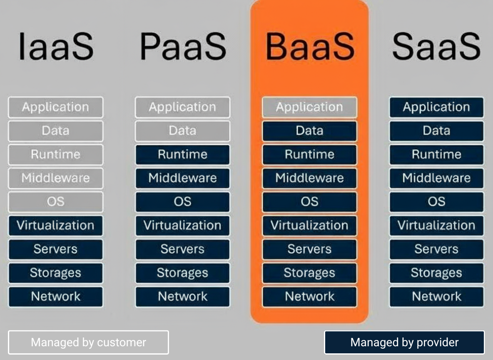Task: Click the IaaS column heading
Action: coord(56,47)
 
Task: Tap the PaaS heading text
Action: coord(182,47)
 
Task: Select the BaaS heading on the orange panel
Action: coord(309,47)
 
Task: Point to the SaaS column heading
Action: coord(436,47)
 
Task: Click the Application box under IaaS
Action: coord(55,107)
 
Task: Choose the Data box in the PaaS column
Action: coord(182,131)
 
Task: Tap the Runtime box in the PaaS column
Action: coord(182,155)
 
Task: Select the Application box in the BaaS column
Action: coord(309,107)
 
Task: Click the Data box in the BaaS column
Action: coord(309,131)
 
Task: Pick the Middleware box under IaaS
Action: coord(55,178)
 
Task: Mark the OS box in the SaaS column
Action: coord(436,202)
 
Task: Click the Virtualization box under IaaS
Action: coord(55,226)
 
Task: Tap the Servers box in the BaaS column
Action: coord(309,250)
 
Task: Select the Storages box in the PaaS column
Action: coord(182,273)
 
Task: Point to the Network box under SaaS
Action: coord(436,297)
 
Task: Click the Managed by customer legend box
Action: coord(88,342)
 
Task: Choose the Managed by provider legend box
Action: coord(404,342)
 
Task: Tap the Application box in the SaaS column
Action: coord(436,107)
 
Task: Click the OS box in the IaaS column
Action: coord(55,202)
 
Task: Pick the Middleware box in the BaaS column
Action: coord(309,178)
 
